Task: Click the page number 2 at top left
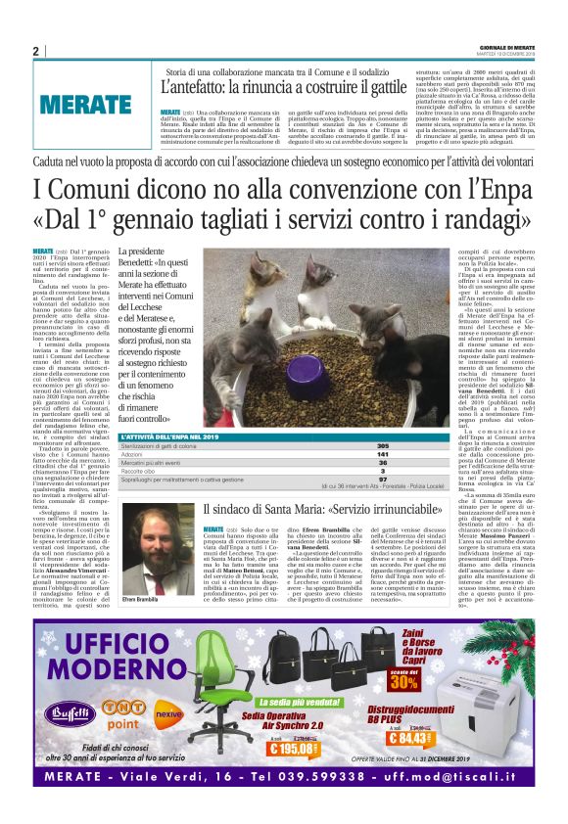36,52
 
